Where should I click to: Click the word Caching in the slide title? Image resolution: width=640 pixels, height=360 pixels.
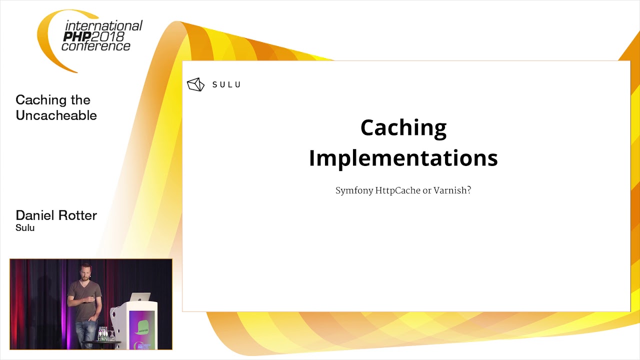403,128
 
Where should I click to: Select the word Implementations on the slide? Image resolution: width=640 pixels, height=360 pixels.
403,158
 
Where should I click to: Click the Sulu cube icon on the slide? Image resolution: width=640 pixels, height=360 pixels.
195,84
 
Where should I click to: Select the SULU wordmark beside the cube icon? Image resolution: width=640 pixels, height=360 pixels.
226,84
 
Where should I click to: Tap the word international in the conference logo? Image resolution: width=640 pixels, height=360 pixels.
104,26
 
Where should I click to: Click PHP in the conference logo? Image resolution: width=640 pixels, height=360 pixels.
76,36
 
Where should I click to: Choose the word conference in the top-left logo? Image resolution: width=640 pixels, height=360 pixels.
95,46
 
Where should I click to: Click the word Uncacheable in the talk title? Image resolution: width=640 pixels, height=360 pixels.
56,115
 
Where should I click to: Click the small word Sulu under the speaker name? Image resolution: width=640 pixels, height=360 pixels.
25,228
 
